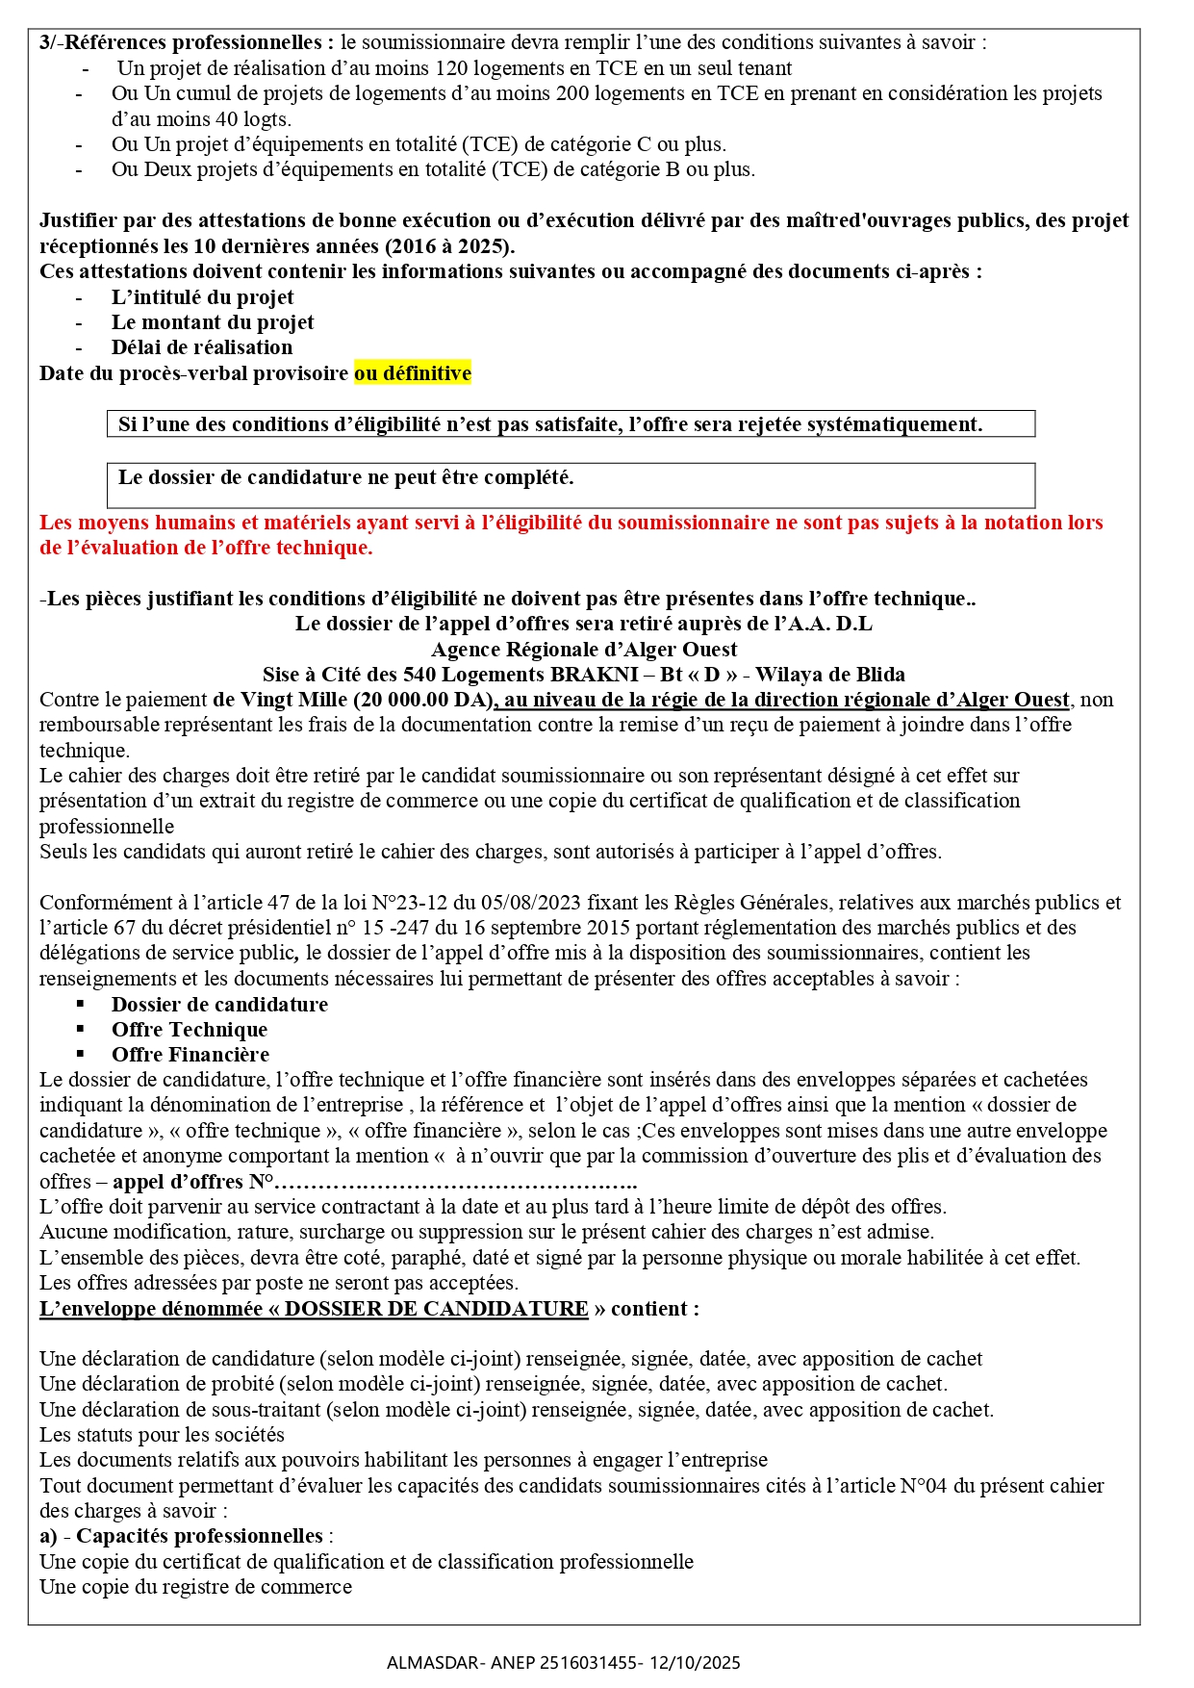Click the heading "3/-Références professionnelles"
pyautogui.click(x=187, y=42)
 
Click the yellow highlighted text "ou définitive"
pyautogui.click(x=413, y=373)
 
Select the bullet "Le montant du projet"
pyautogui.click(x=213, y=322)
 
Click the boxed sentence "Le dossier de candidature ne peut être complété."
pyautogui.click(x=345, y=478)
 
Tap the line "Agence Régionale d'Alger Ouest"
pyautogui.click(x=584, y=650)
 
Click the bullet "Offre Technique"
pyautogui.click(x=190, y=1030)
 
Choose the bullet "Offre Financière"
pyautogui.click(x=191, y=1055)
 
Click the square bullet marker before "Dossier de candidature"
pyautogui.click(x=81, y=1004)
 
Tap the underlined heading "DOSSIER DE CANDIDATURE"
pyautogui.click(x=436, y=1309)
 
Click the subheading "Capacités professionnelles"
pyautogui.click(x=199, y=1536)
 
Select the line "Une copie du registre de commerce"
pyautogui.click(x=195, y=1587)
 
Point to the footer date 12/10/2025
pyautogui.click(x=696, y=1663)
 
